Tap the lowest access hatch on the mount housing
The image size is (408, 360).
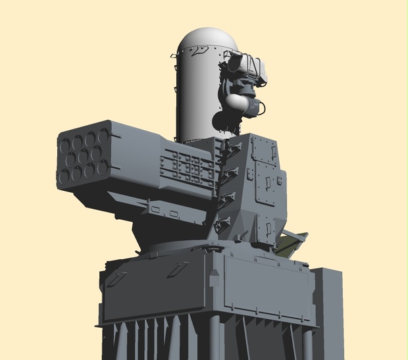point(266,228)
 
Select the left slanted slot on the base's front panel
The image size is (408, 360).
point(116,279)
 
